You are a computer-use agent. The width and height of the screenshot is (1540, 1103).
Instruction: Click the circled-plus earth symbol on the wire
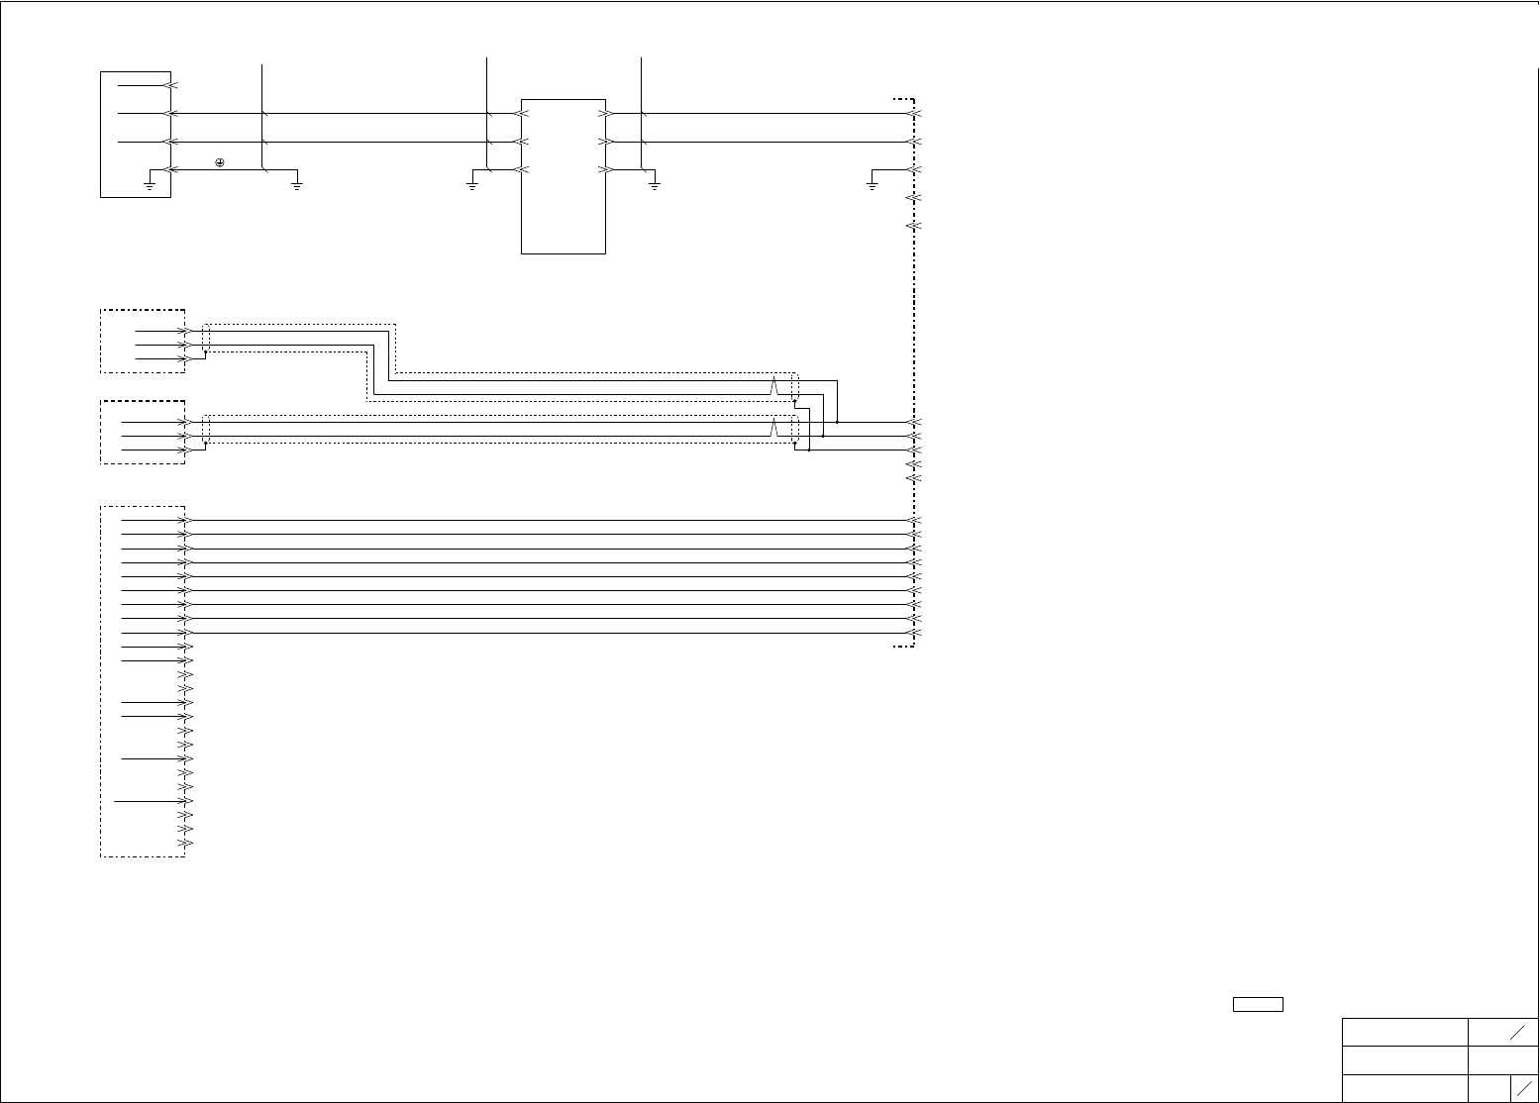219,162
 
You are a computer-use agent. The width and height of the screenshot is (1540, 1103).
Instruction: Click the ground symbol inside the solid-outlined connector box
149,183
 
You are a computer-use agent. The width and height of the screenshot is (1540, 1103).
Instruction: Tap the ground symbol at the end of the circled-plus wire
296,183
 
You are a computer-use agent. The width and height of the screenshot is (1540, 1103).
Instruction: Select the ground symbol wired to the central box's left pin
472,183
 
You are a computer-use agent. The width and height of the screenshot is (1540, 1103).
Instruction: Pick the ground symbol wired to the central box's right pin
654,183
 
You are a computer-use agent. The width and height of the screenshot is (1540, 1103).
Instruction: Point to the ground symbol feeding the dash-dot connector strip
872,183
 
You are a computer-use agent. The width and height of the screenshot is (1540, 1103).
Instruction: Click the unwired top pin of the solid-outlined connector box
171,85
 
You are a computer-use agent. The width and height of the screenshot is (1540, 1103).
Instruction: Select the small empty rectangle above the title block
1258,1004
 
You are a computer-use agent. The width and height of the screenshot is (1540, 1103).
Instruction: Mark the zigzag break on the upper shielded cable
774,386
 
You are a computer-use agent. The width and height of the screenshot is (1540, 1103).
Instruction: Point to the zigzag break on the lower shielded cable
774,429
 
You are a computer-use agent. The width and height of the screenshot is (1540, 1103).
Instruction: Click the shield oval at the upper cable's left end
206,337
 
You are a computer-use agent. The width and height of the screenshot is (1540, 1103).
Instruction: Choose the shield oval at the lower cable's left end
206,430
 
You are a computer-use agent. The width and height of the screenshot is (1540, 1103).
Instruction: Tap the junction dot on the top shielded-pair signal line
837,422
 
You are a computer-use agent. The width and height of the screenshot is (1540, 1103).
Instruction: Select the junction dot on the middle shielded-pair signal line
823,436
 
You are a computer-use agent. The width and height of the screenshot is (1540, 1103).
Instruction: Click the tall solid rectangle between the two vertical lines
563,176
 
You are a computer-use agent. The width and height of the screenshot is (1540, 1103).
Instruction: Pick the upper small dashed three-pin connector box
143,342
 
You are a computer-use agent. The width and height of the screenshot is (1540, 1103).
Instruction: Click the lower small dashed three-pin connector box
143,433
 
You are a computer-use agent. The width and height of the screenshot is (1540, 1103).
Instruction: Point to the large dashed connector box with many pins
143,681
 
